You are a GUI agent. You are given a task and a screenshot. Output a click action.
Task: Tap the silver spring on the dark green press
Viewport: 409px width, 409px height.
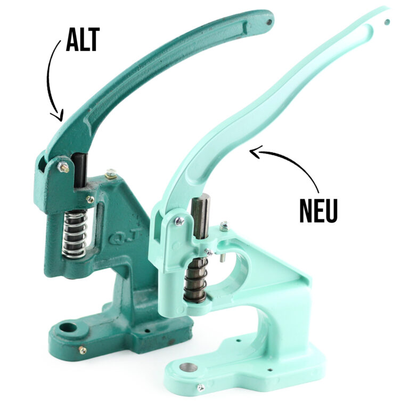[x=74, y=233]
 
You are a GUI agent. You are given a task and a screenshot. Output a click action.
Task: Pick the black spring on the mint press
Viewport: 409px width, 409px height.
[x=195, y=279]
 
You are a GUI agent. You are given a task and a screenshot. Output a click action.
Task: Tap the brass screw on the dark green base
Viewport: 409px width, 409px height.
[x=82, y=350]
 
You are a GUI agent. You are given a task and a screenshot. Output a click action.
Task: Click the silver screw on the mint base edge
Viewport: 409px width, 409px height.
[x=200, y=388]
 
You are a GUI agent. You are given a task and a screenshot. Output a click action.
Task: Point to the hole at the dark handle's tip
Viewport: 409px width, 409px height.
[x=269, y=22]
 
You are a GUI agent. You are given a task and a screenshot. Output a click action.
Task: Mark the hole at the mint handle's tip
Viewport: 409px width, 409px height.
[x=387, y=22]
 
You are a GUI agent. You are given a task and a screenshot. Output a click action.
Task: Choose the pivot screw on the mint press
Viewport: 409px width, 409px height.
[x=180, y=220]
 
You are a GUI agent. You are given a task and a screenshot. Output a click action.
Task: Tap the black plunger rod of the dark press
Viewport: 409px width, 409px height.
[x=80, y=169]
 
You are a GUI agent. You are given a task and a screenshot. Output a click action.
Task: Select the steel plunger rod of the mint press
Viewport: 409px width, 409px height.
[x=201, y=215]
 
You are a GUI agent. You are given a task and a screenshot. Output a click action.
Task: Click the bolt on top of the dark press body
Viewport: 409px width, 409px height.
[x=111, y=173]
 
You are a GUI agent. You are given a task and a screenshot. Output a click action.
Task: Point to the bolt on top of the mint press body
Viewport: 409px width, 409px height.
[x=224, y=225]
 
